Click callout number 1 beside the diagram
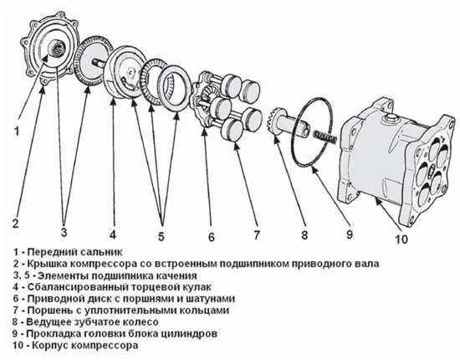(17, 131)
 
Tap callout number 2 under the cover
(15, 224)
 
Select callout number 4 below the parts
(113, 234)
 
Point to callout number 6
(212, 237)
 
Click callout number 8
(304, 234)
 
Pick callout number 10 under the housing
(401, 239)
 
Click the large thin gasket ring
(312, 131)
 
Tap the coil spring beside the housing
(325, 136)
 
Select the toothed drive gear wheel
(276, 121)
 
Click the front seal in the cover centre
(58, 47)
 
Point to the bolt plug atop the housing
(390, 119)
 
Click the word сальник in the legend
(101, 252)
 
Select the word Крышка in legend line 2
(47, 264)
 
